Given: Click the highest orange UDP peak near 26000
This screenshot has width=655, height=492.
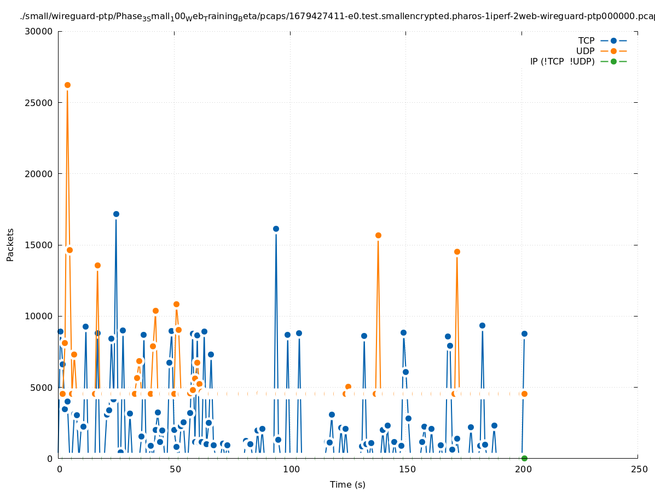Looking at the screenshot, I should (x=67, y=85).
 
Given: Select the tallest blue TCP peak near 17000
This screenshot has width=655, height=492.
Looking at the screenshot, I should (x=116, y=214).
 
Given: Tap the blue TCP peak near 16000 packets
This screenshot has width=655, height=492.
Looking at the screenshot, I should (x=276, y=229).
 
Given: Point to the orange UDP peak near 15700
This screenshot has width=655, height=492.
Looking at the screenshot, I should (x=378, y=235).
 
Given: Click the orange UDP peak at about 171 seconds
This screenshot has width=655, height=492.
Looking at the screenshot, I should (x=457, y=251).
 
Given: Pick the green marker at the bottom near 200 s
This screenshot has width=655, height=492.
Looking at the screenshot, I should (x=524, y=458).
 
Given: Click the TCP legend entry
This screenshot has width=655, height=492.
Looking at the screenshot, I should (x=586, y=40).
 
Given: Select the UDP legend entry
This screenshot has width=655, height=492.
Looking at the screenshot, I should (x=585, y=51).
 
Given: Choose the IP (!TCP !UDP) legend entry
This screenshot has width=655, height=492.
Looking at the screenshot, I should (x=562, y=61).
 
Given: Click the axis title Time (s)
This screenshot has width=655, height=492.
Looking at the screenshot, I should (x=347, y=484).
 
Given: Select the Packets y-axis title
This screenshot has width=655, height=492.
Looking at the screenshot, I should (x=10, y=244).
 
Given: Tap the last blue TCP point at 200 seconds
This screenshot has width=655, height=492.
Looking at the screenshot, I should (x=524, y=333).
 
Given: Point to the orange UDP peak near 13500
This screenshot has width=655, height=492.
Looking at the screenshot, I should (x=97, y=265).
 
